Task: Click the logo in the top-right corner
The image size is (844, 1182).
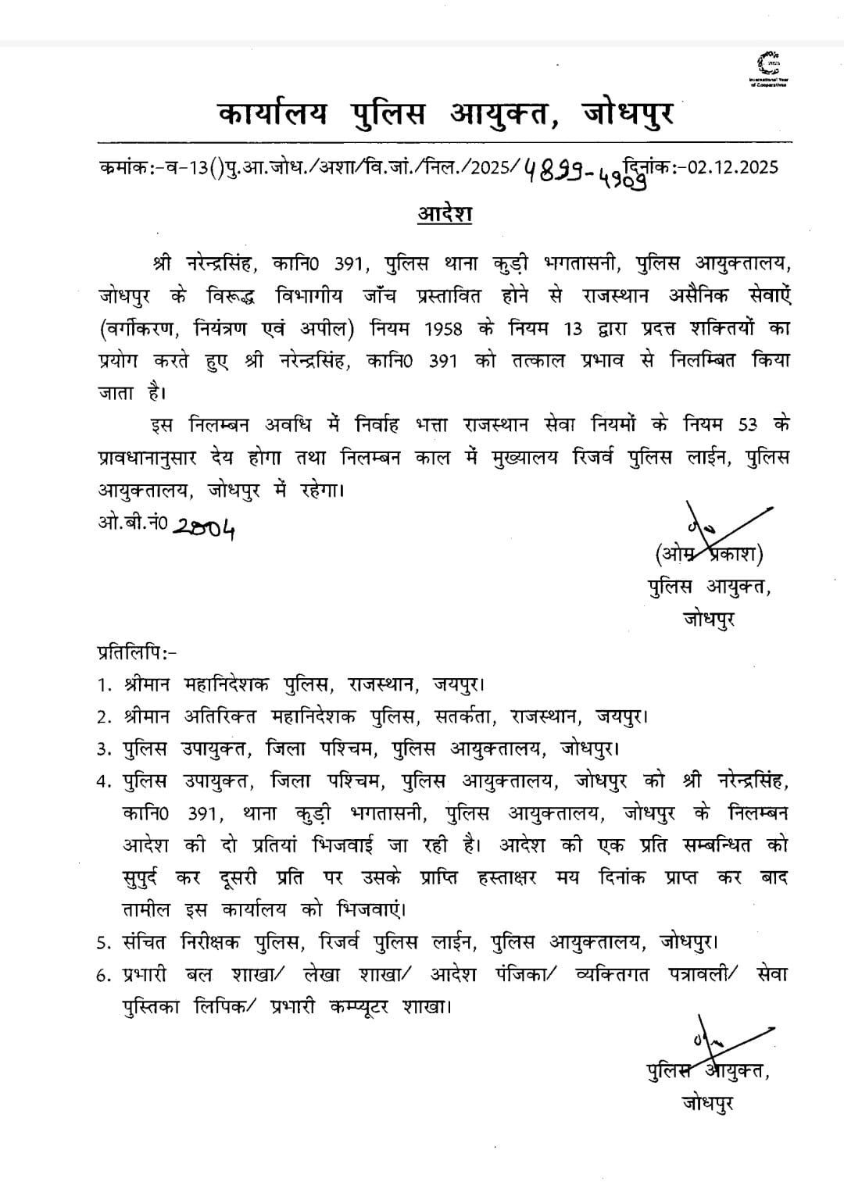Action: click(768, 70)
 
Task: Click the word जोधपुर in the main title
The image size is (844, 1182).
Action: click(627, 114)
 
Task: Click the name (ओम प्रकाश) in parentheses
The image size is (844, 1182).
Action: click(709, 554)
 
